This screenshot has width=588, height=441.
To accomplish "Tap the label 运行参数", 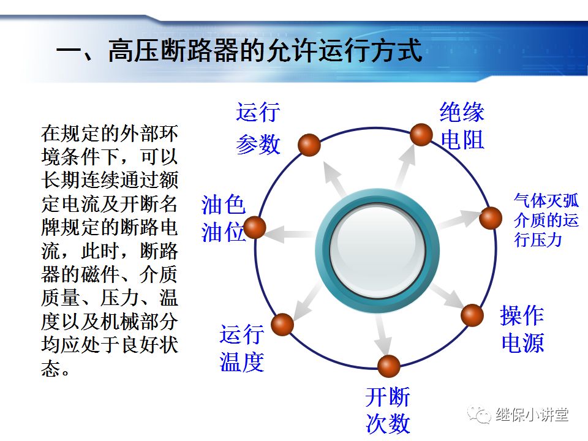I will (258, 129).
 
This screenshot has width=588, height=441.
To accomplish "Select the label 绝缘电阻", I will (462, 126).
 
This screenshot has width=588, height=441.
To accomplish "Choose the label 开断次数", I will (388, 410).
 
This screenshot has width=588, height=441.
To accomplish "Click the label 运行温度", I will (242, 349).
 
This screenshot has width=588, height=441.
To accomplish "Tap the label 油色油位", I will (223, 219).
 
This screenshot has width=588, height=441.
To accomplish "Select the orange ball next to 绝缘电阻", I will (421, 134).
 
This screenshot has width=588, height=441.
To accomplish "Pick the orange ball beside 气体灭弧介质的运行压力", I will (490, 218).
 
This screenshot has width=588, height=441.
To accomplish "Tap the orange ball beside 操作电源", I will (472, 315).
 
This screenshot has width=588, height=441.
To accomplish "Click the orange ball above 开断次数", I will (388, 366).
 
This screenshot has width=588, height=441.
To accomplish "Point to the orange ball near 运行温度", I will (282, 324).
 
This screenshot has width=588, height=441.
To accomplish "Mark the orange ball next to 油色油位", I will (255, 227).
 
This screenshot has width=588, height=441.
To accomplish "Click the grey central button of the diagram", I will (377, 251).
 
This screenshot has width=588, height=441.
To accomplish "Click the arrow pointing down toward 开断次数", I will (383, 334).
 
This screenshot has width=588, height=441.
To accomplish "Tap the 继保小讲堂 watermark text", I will (532, 415).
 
